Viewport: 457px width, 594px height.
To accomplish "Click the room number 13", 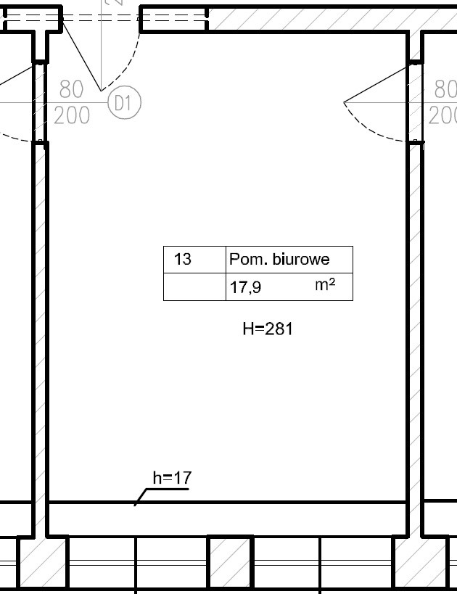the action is [182, 259].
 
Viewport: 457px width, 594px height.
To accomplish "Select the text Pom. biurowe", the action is [279, 259].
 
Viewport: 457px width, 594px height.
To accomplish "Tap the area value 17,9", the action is [246, 287].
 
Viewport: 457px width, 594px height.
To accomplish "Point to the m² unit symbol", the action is [325, 284].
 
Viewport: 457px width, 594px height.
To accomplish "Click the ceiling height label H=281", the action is [268, 329].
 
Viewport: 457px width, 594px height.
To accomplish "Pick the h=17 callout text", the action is [172, 478].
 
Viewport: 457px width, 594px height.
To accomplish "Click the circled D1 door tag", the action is [124, 102].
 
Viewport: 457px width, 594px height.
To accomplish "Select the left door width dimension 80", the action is [71, 89].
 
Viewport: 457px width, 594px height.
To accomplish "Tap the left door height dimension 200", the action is [72, 115].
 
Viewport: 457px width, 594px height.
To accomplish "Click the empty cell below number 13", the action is [195, 286].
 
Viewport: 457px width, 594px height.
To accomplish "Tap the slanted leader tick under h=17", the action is [141, 497].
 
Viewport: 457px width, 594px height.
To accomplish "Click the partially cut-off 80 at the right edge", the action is [445, 89].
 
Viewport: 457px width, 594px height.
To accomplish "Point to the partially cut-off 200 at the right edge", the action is [442, 115].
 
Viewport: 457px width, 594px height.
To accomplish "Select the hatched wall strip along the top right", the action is [333, 19].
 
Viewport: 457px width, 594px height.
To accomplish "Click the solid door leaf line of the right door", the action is [377, 83].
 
